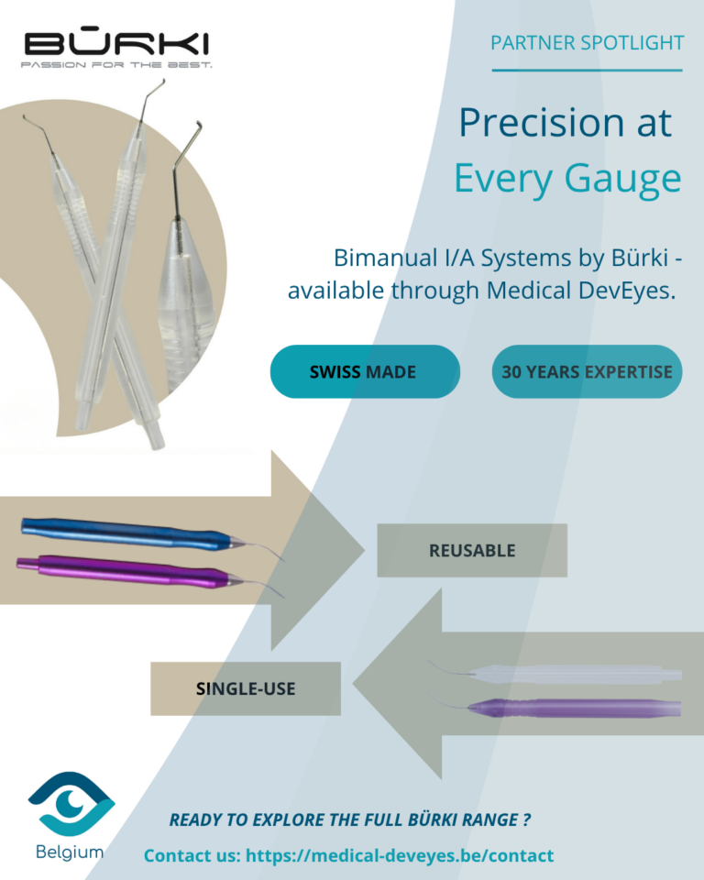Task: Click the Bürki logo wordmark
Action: point(116,43)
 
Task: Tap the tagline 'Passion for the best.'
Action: point(117,66)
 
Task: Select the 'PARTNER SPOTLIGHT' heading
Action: point(587,42)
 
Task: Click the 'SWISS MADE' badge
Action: point(364,371)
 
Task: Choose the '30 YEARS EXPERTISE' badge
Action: point(587,371)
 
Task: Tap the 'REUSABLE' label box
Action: point(472,550)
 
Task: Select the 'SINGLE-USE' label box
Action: point(246,688)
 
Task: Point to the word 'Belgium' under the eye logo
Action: point(71,852)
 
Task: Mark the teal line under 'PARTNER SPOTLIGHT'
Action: point(587,70)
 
